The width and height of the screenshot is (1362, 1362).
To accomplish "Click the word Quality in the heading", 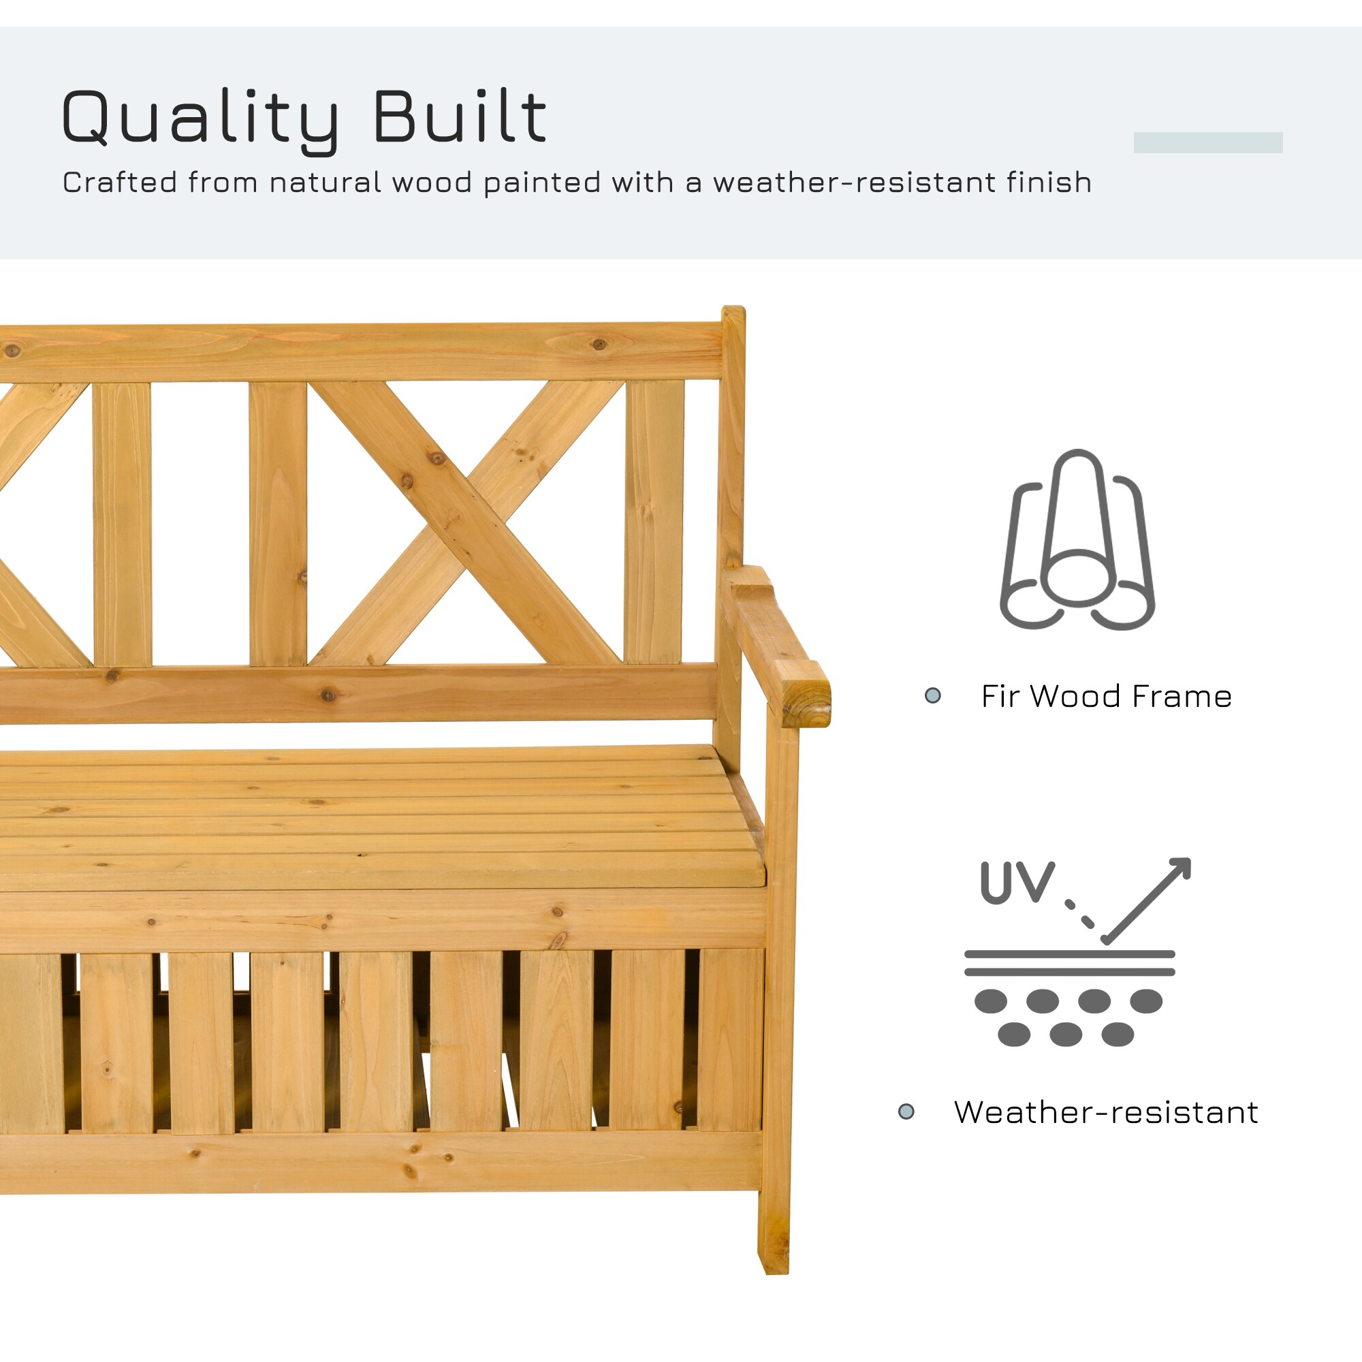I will pyautogui.click(x=200, y=118).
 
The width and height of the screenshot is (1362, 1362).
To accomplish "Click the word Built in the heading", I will pyautogui.click(x=459, y=116).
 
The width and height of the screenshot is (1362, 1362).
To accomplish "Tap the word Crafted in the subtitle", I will pyautogui.click(x=119, y=183).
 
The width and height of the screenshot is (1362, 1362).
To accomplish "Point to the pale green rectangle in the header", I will pyautogui.click(x=1207, y=142).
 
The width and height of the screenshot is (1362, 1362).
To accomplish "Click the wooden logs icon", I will pyautogui.click(x=1077, y=539).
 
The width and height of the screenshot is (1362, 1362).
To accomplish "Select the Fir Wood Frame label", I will pyautogui.click(x=1106, y=697).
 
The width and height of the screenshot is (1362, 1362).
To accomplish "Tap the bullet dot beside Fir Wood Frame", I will pyautogui.click(x=933, y=697).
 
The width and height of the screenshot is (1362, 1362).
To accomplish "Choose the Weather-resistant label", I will pyautogui.click(x=1105, y=1113).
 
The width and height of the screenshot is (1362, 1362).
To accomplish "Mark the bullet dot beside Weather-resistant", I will pyautogui.click(x=906, y=1113).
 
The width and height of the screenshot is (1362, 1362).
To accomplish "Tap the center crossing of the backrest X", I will pyautogui.click(x=466, y=523).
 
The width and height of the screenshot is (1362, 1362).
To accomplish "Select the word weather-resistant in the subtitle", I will pyautogui.click(x=855, y=183).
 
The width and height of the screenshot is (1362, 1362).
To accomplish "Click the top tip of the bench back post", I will pyautogui.click(x=733, y=310).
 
